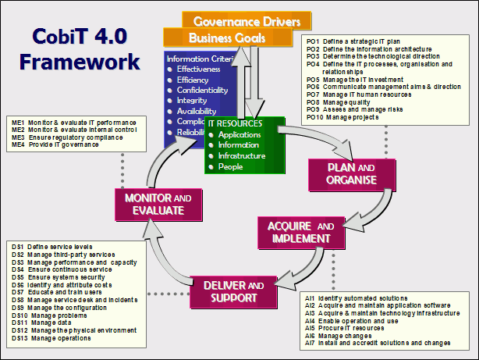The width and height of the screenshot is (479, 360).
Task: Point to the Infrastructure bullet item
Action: [243, 156]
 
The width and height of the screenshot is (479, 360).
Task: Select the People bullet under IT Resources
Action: [231, 167]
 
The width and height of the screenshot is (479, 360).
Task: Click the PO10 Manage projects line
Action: [348, 117]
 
